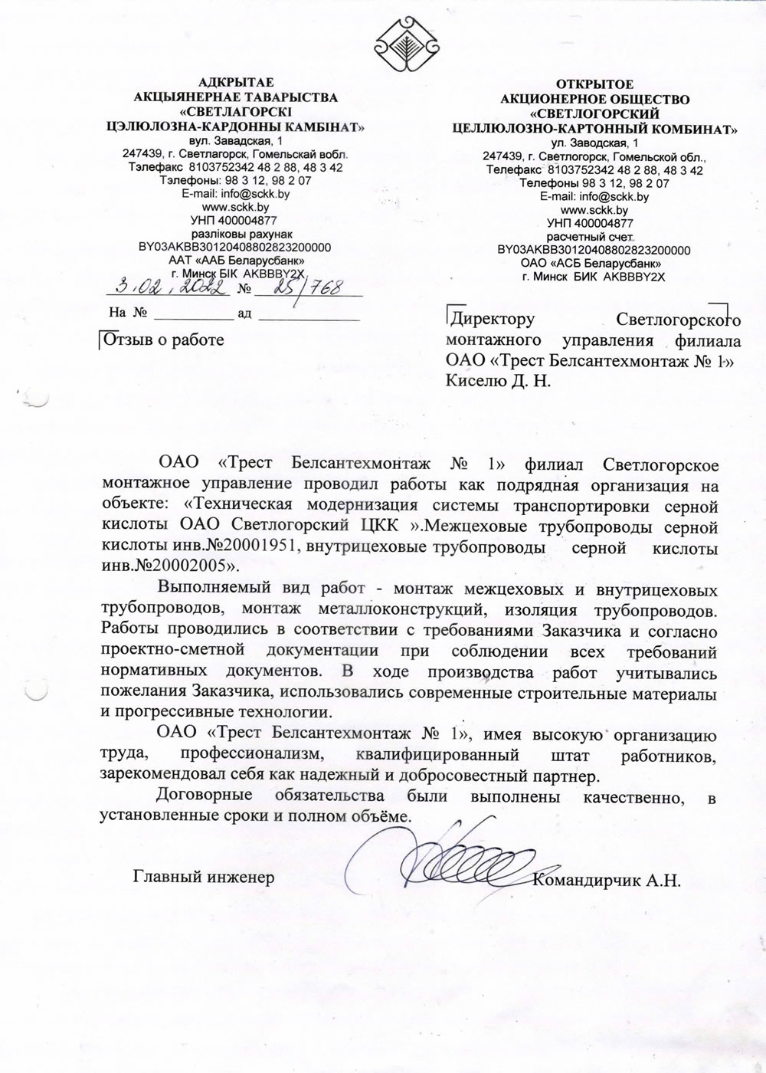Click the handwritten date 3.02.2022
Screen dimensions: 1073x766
coord(171,287)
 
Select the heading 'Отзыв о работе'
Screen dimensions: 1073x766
coord(164,340)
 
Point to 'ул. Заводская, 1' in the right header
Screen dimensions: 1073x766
coord(594,143)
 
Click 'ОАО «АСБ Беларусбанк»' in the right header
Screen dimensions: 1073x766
coord(594,263)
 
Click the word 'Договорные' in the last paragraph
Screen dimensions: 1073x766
coord(201,798)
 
